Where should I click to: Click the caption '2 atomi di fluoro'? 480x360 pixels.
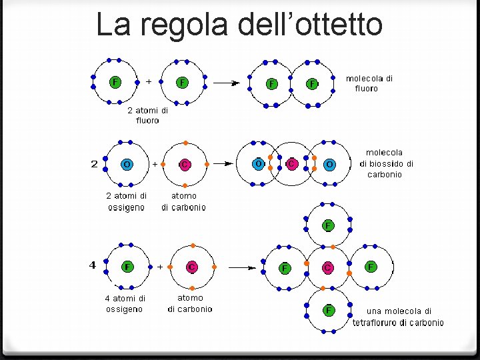pyautogui.click(x=147, y=116)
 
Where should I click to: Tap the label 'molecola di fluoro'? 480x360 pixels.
pyautogui.click(x=369, y=83)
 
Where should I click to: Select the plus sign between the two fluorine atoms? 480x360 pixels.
pyautogui.click(x=148, y=81)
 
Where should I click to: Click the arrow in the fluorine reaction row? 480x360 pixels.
pyautogui.click(x=226, y=83)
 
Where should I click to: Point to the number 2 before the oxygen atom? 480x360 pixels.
pyautogui.click(x=94, y=163)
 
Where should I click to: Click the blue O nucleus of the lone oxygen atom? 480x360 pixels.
pyautogui.click(x=127, y=163)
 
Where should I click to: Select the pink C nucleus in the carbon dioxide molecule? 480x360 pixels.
pyautogui.click(x=291, y=163)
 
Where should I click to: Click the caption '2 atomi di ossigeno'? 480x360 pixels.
pyautogui.click(x=126, y=201)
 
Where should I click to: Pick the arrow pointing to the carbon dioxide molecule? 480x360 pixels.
pyautogui.click(x=225, y=163)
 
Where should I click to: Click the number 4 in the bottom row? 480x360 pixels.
pyautogui.click(x=93, y=265)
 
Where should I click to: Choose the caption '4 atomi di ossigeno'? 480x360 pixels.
pyautogui.click(x=125, y=303)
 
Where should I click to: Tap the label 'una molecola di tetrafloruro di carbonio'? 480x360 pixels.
pyautogui.click(x=398, y=317)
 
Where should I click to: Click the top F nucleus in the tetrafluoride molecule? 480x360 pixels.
pyautogui.click(x=328, y=225)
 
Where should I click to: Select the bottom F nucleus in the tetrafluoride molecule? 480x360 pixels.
pyautogui.click(x=328, y=310)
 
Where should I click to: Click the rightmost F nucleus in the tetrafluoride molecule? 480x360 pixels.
pyautogui.click(x=371, y=267)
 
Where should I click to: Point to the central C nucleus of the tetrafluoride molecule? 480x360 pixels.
pyautogui.click(x=328, y=267)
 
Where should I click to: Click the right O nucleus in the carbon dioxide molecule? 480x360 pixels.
pyautogui.click(x=329, y=164)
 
